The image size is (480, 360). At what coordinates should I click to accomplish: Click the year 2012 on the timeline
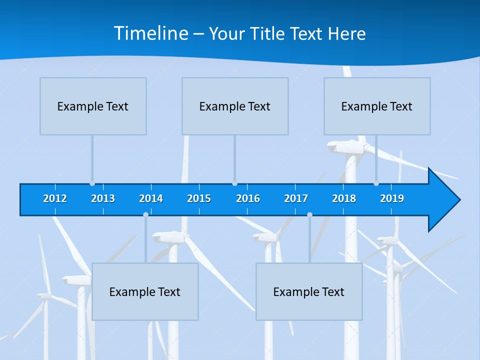pyautogui.click(x=55, y=198)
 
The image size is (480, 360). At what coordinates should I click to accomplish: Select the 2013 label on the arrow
pyautogui.click(x=103, y=198)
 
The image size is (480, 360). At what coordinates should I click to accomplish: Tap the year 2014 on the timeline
pyautogui.click(x=151, y=198)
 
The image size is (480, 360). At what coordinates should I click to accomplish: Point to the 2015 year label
pyautogui.click(x=199, y=198)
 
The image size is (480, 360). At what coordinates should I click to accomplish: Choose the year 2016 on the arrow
pyautogui.click(x=248, y=198)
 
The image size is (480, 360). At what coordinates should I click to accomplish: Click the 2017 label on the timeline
pyautogui.click(x=296, y=198)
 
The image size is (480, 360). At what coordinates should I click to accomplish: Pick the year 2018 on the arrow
pyautogui.click(x=344, y=198)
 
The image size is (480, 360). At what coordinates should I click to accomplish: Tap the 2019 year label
pyautogui.click(x=392, y=198)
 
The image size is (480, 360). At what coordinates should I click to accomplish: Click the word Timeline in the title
pyautogui.click(x=150, y=33)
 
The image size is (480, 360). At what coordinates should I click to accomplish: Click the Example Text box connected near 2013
pyautogui.click(x=93, y=106)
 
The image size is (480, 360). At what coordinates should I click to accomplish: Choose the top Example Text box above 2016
pyautogui.click(x=235, y=106)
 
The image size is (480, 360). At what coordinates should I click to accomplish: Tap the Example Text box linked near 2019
pyautogui.click(x=377, y=106)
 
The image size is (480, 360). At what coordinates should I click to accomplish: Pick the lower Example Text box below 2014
pyautogui.click(x=145, y=292)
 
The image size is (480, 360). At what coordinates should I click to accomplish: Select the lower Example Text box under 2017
pyautogui.click(x=309, y=292)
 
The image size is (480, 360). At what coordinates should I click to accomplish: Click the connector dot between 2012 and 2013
pyautogui.click(x=92, y=183)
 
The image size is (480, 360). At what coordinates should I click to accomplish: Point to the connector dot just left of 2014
pyautogui.click(x=145, y=214)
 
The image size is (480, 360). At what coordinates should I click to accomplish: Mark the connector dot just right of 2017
pyautogui.click(x=309, y=214)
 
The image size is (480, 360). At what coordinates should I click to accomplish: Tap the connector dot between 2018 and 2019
pyautogui.click(x=376, y=183)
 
